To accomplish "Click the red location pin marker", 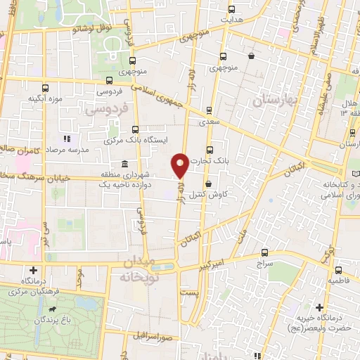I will [180, 165].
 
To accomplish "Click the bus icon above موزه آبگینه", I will [46, 89].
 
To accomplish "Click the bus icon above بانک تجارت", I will [210, 149].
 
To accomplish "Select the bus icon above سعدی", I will [209, 110].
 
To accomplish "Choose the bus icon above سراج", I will [265, 252].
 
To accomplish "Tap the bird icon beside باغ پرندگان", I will [52, 309].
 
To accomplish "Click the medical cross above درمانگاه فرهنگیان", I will [33, 270].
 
